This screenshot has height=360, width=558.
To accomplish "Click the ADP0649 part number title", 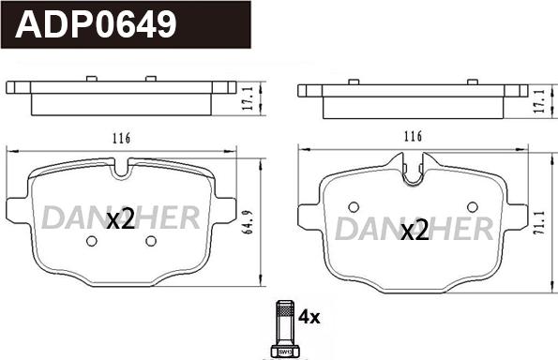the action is [x=96, y=24].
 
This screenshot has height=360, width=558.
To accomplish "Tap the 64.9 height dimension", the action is [x=248, y=222].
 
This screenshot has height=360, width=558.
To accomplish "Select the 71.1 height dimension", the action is [x=539, y=223].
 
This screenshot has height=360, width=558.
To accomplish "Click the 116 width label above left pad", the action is [x=121, y=138].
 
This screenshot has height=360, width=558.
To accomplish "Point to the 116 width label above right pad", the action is [x=413, y=136].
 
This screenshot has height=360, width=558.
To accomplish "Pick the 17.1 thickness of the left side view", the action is [x=248, y=97].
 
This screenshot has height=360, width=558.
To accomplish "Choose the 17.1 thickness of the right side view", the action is [x=539, y=101].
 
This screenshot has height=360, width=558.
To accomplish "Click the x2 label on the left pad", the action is [x=121, y=218].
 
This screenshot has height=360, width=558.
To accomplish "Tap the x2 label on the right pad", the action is [x=415, y=231].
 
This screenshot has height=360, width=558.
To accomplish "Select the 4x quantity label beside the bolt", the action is [x=309, y=317].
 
